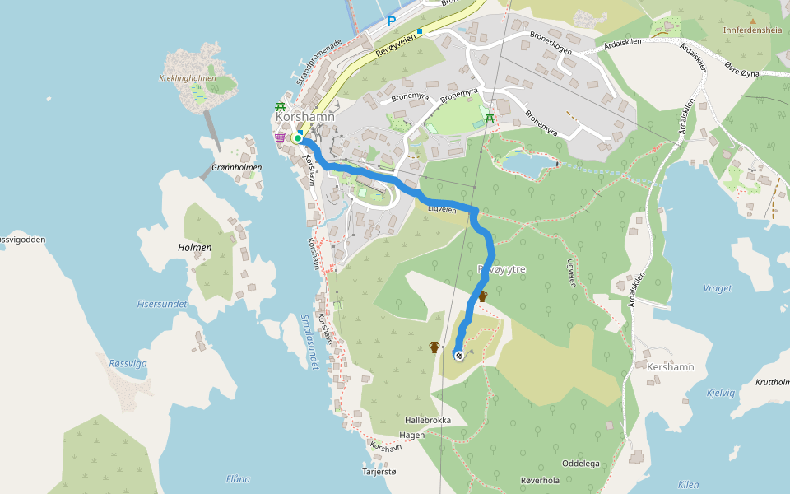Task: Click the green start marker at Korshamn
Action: (x=297, y=138)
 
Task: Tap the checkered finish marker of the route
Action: (x=458, y=356)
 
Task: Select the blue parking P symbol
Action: (x=392, y=21)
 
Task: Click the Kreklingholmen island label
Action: (x=188, y=79)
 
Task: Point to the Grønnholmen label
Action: (x=236, y=167)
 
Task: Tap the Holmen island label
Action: (x=195, y=247)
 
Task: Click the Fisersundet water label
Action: (x=162, y=304)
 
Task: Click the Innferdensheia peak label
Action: (x=751, y=30)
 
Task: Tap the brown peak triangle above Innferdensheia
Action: (x=752, y=18)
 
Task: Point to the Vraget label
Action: (x=718, y=289)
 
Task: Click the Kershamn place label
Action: (x=671, y=366)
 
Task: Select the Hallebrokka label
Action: (x=428, y=420)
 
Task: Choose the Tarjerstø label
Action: (x=379, y=472)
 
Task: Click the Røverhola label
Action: (x=540, y=481)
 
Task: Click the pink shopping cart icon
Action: (x=281, y=138)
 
